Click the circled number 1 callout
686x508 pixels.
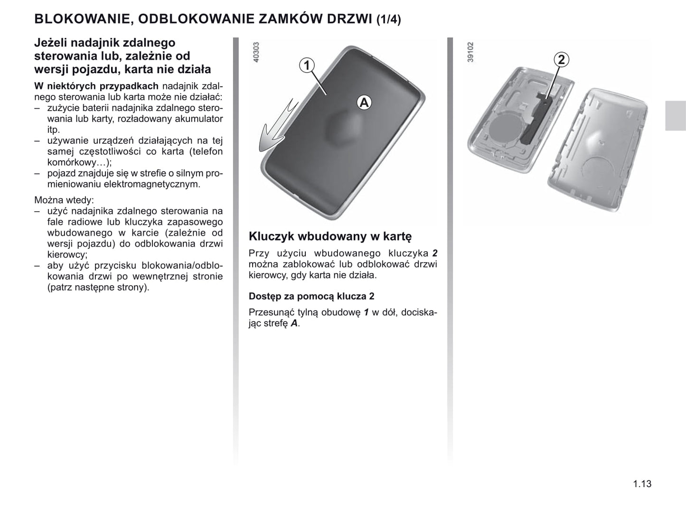307,65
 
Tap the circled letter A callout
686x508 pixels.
364,102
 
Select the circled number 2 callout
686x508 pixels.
561,60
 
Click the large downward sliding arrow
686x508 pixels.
277,126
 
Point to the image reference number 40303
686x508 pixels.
256,53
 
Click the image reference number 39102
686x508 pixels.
470,52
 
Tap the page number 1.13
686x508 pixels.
642,484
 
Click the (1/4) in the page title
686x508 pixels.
388,19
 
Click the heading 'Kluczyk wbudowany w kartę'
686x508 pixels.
330,236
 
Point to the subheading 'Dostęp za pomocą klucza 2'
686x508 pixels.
311,296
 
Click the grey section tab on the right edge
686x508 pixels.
675,115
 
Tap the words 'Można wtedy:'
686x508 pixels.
64,200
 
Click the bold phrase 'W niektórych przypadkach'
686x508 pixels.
96,86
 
